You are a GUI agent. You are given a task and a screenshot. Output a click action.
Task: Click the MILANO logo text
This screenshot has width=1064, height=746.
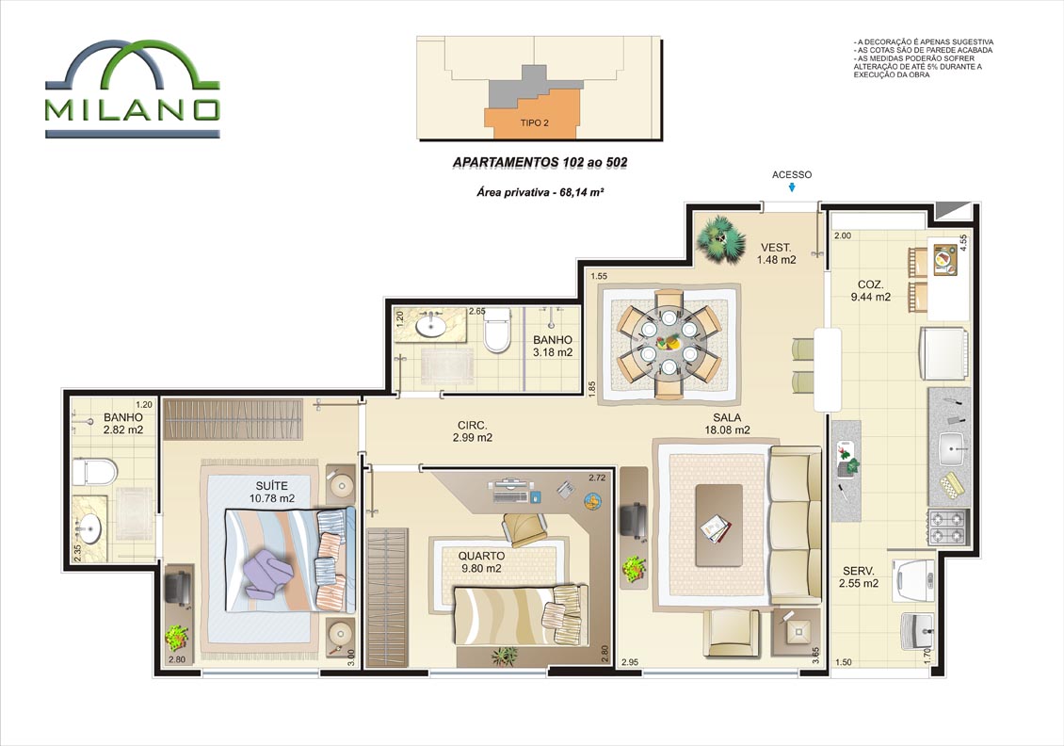pos(133,110)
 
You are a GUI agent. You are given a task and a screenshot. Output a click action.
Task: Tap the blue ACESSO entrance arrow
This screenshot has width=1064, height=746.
pos(792,188)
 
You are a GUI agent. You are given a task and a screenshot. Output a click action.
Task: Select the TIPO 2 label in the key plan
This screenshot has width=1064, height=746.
pos(534,122)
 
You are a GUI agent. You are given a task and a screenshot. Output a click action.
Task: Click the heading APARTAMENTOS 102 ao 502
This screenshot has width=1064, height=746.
pos(540,162)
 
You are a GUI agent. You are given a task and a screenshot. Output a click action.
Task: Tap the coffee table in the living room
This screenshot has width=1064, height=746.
pos(718,525)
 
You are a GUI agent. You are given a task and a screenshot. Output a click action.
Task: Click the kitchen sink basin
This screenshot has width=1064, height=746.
pos(954,448)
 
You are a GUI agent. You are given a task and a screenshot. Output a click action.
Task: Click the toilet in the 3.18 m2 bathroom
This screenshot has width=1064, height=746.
pos(497,330)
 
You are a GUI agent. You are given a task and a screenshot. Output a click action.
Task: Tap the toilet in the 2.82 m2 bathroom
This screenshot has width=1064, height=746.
pos(95,472)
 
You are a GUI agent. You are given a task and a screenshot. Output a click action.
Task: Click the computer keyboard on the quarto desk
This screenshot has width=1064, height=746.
pos(510,497)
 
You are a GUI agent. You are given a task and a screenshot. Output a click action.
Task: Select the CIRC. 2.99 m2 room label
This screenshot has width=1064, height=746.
pos(473,431)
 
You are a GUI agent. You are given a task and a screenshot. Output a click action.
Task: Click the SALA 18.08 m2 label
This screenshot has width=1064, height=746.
pos(727,424)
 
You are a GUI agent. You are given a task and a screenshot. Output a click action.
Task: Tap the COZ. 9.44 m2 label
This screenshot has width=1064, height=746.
pos(871,290)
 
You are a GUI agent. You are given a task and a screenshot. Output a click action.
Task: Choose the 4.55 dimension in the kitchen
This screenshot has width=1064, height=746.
pos(963,243)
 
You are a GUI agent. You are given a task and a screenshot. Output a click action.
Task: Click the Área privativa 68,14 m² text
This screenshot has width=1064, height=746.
pos(540,192)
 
